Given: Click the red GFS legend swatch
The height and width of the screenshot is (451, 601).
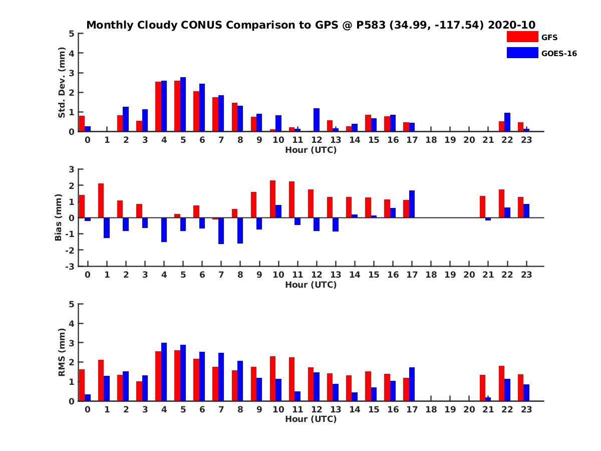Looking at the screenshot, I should (x=522, y=37).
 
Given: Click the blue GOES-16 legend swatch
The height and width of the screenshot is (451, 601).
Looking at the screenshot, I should (x=522, y=53).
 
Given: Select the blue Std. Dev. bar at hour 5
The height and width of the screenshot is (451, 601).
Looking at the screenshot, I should (x=183, y=104).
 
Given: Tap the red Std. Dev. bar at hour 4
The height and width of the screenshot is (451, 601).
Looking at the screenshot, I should (x=158, y=106).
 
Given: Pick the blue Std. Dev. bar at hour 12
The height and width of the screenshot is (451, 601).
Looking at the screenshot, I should (x=317, y=120).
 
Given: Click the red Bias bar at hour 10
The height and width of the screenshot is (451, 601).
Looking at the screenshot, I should (x=272, y=199).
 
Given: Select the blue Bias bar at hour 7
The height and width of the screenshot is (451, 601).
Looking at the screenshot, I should (x=221, y=231).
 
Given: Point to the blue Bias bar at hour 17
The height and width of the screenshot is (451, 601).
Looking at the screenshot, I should (x=412, y=204).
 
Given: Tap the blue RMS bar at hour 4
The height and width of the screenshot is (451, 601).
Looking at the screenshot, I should (x=164, y=372).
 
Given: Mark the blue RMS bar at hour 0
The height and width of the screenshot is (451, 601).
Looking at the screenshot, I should (x=88, y=397).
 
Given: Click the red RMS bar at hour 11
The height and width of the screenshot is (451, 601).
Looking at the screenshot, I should (x=291, y=379).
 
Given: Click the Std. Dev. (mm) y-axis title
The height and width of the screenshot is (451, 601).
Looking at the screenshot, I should (x=62, y=83).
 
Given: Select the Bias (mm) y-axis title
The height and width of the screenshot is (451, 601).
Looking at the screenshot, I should (x=58, y=217).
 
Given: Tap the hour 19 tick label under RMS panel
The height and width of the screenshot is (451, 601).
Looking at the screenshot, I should (x=450, y=410).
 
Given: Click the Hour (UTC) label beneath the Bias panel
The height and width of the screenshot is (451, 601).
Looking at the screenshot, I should (x=311, y=285).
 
